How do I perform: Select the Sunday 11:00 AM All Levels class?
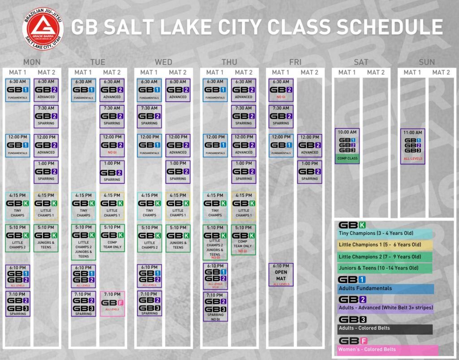412,146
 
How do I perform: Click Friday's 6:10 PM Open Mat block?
281,274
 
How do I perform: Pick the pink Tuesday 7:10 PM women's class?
112,304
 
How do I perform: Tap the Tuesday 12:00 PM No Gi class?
112,146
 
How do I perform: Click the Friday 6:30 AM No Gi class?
281,90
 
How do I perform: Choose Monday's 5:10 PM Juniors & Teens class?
46,238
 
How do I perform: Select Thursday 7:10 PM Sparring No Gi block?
215,306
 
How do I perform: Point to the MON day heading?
32,62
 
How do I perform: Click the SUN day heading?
427,62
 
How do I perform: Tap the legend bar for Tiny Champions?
384,234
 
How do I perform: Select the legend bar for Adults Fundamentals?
385,289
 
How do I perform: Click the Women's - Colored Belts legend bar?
387,350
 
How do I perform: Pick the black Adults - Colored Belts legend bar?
385,329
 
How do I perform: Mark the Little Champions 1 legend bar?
385,245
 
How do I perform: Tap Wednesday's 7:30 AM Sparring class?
150,116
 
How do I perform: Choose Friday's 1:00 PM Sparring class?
309,171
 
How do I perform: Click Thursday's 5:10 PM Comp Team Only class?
243,240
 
